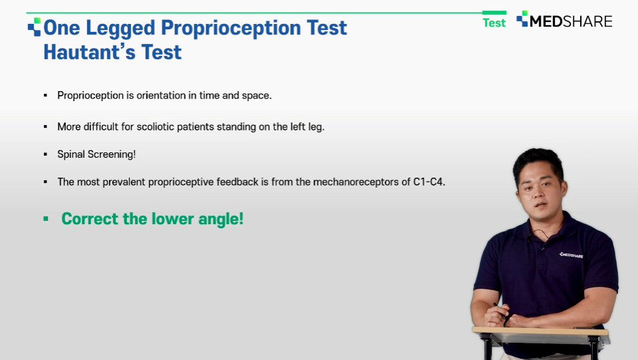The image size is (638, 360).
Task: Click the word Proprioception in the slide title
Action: point(231,29)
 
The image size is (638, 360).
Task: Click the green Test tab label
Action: point(494,23)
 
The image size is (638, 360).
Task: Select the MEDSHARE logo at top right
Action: point(564,20)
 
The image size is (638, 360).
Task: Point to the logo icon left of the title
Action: point(34,27)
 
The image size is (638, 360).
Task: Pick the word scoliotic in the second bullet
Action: point(156,126)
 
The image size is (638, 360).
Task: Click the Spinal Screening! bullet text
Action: point(96,154)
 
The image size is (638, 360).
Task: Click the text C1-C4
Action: point(429,182)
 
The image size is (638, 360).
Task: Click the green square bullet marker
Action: point(45,219)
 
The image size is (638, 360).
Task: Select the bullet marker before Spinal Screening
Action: point(45,154)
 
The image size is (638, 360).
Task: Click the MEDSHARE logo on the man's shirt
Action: point(571,255)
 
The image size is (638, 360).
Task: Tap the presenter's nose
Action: point(539,190)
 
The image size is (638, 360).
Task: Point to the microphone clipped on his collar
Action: point(530,238)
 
